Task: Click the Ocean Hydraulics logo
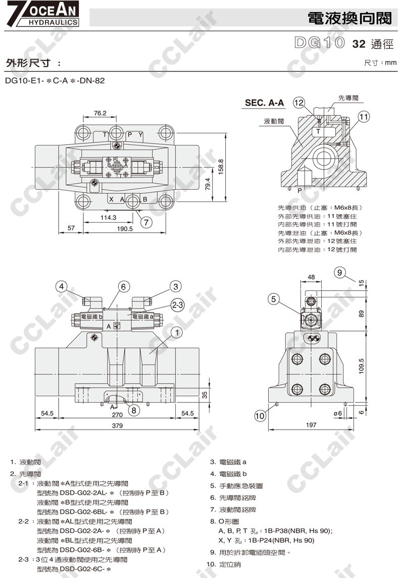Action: [x=40, y=14]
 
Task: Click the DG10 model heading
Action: [x=319, y=42]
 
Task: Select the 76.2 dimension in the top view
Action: [x=100, y=113]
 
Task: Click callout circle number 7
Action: [x=146, y=222]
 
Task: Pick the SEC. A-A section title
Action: [x=264, y=103]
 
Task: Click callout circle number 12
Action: [x=299, y=102]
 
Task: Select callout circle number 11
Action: [x=364, y=117]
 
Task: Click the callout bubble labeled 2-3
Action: [x=177, y=305]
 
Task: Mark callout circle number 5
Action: [x=274, y=299]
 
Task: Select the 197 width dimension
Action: [x=311, y=425]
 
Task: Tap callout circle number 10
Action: [x=260, y=416]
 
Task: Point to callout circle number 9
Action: [x=340, y=273]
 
